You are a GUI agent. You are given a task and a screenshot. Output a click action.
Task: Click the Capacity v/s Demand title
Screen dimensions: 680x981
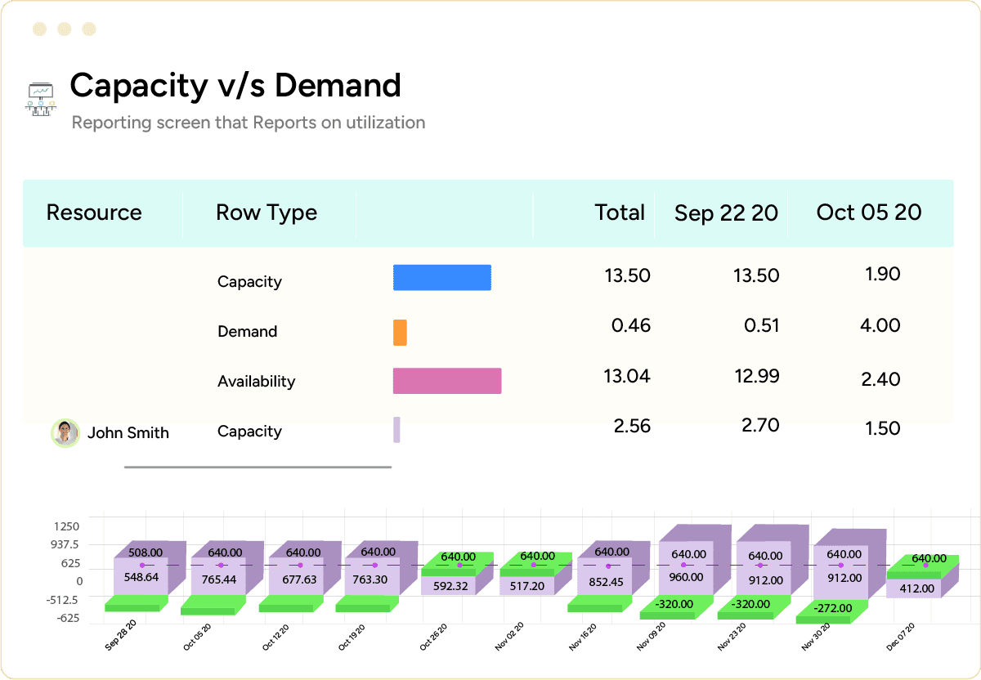tap(235, 86)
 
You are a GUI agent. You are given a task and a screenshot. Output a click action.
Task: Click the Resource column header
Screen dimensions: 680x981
tap(94, 212)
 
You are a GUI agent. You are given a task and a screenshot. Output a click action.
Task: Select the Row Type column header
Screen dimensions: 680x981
tap(267, 212)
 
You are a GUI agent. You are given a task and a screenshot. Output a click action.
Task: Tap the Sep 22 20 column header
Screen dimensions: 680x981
tap(726, 213)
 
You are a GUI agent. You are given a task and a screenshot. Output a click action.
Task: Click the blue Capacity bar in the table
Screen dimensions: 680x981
tap(441, 278)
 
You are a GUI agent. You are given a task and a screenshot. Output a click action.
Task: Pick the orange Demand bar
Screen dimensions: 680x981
tap(400, 332)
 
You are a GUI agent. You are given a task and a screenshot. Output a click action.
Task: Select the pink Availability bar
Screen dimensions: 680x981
tap(446, 381)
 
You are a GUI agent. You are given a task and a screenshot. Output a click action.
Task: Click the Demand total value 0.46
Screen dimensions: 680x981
tap(631, 325)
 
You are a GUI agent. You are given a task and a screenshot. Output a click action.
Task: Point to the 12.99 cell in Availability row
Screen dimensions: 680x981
tap(757, 376)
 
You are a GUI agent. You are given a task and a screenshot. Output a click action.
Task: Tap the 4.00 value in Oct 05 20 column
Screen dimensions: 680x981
tap(880, 325)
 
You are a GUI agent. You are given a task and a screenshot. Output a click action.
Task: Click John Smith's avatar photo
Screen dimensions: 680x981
tap(65, 432)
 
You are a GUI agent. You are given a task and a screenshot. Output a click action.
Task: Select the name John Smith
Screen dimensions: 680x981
tap(128, 433)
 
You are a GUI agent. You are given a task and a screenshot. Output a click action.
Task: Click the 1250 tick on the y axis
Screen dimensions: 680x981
tap(67, 527)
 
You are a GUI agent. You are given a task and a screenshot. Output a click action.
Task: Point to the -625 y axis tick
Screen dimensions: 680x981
tap(67, 618)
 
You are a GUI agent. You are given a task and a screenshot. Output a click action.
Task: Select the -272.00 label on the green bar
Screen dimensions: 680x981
tap(833, 608)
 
